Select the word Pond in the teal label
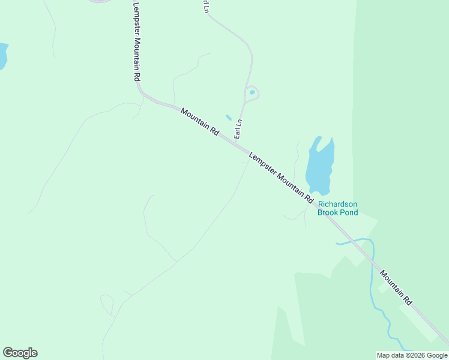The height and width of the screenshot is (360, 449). coord(349,212)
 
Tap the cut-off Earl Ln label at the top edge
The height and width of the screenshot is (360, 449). coord(205,6)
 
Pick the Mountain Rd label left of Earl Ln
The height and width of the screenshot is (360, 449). coord(200,122)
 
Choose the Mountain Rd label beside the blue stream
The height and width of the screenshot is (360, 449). coord(396,286)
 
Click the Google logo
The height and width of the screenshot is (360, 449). coord(20,353)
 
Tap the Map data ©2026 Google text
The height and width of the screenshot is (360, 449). coord(412,355)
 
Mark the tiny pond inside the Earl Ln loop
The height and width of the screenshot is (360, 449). coord(252,92)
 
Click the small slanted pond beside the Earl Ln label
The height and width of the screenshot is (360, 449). coord(228,118)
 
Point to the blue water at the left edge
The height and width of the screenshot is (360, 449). coord(2,55)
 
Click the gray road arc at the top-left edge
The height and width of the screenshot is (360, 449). coord(100,1)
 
